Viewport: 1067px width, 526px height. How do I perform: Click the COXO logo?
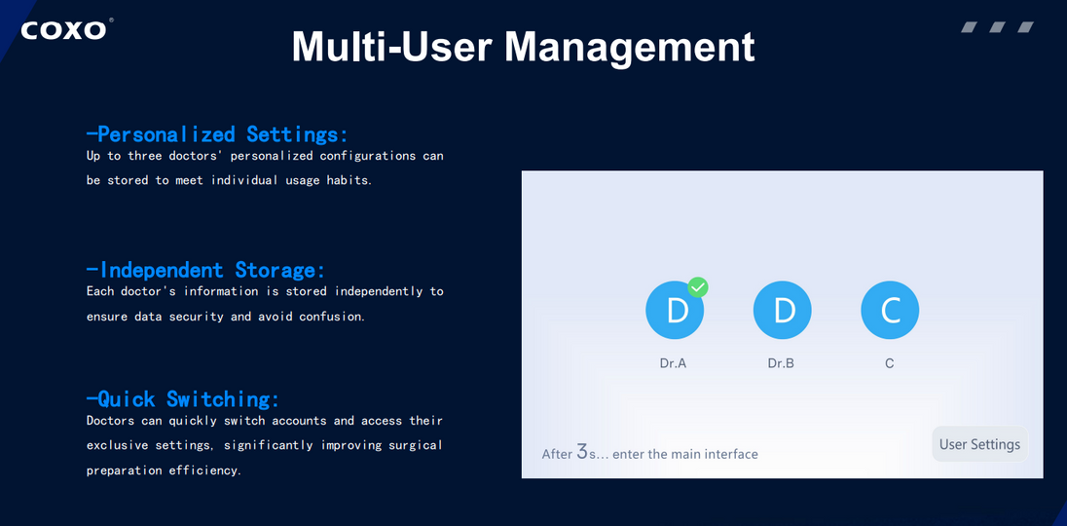coord(65,29)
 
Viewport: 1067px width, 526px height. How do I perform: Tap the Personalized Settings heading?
coord(217,133)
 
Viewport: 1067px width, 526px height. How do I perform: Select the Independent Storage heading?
coord(205,270)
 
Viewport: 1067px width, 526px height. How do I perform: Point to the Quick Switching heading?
coord(183,398)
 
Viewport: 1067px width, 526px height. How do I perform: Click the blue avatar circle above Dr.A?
coord(675,311)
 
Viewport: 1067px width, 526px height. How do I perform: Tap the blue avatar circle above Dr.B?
coord(783,311)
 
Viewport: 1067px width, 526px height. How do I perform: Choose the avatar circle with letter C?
coord(890,311)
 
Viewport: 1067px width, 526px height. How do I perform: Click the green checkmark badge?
coord(698,287)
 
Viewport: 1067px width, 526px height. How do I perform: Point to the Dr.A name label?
coord(674,363)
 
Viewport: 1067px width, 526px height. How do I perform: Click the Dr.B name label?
coord(781,363)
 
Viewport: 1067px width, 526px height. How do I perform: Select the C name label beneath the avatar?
coord(890,363)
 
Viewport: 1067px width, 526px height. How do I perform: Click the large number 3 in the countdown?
coord(582,451)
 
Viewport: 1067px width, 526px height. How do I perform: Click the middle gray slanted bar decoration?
coord(997,27)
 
